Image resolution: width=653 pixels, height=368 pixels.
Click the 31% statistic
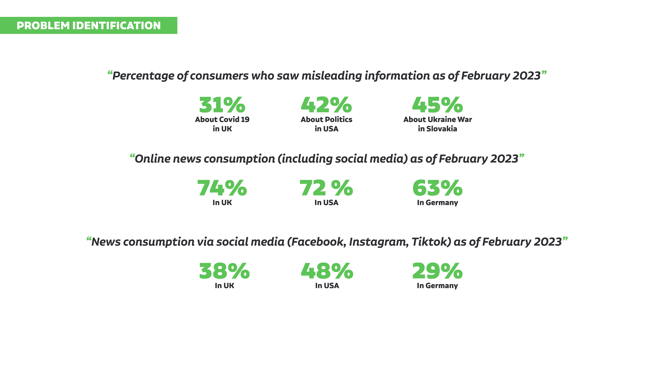tap(222, 105)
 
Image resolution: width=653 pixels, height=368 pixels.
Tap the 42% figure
tap(326, 105)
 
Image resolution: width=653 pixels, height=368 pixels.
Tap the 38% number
tap(224, 271)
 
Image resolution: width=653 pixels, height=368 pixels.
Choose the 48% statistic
tap(327, 271)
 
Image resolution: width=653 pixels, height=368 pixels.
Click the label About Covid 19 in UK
tap(222, 124)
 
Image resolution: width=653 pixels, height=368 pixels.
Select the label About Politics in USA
tap(326, 124)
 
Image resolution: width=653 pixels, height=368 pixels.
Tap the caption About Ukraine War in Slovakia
tap(438, 124)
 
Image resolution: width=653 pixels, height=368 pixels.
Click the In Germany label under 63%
tap(438, 203)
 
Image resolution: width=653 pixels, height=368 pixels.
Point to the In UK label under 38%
tap(224, 286)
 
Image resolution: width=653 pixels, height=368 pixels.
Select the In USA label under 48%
tap(327, 286)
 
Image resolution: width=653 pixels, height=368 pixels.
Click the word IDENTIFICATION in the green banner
tap(117, 26)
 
